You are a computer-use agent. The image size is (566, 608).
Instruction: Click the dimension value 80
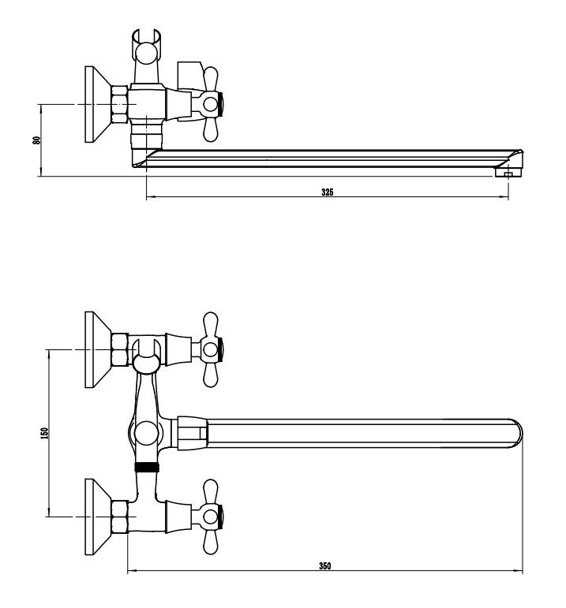[37, 140]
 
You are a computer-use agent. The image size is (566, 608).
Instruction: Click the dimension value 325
[327, 192]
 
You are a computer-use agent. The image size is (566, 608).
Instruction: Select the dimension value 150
[45, 433]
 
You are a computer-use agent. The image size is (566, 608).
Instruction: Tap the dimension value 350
[325, 565]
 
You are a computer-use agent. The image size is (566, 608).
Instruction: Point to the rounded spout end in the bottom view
[515, 434]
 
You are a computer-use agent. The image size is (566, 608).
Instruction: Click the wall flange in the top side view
[98, 104]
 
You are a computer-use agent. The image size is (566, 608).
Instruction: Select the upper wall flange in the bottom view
[98, 349]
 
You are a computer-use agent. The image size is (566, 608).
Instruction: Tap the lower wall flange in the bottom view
[98, 517]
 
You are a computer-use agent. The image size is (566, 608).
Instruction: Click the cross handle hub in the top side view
[211, 104]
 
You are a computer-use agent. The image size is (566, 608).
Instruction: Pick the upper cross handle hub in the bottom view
[211, 349]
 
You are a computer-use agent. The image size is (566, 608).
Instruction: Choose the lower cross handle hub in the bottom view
[211, 517]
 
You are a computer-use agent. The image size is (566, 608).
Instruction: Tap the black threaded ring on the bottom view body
[147, 468]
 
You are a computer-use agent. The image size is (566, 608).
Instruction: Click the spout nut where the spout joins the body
[193, 433]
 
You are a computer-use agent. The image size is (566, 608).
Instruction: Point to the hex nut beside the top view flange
[119, 105]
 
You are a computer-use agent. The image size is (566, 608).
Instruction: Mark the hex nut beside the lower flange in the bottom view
[119, 517]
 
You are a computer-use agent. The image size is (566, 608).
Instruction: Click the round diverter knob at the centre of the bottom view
[146, 434]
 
